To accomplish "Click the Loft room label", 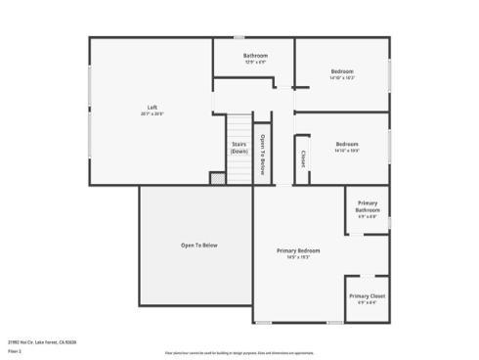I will (x=152, y=107).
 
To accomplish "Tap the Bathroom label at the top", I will (x=255, y=56).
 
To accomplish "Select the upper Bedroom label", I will (x=342, y=71).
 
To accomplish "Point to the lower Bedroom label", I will (x=347, y=145).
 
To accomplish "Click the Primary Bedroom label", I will (x=298, y=251).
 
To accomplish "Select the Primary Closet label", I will (x=368, y=295).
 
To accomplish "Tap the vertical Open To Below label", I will (x=263, y=152).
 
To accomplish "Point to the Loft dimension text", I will (x=152, y=113).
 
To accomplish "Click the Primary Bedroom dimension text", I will (x=298, y=258).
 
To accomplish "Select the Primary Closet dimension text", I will (x=368, y=302).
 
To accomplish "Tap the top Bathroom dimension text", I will (x=255, y=63).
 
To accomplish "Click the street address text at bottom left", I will (x=42, y=342).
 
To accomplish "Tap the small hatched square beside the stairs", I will (x=217, y=178).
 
